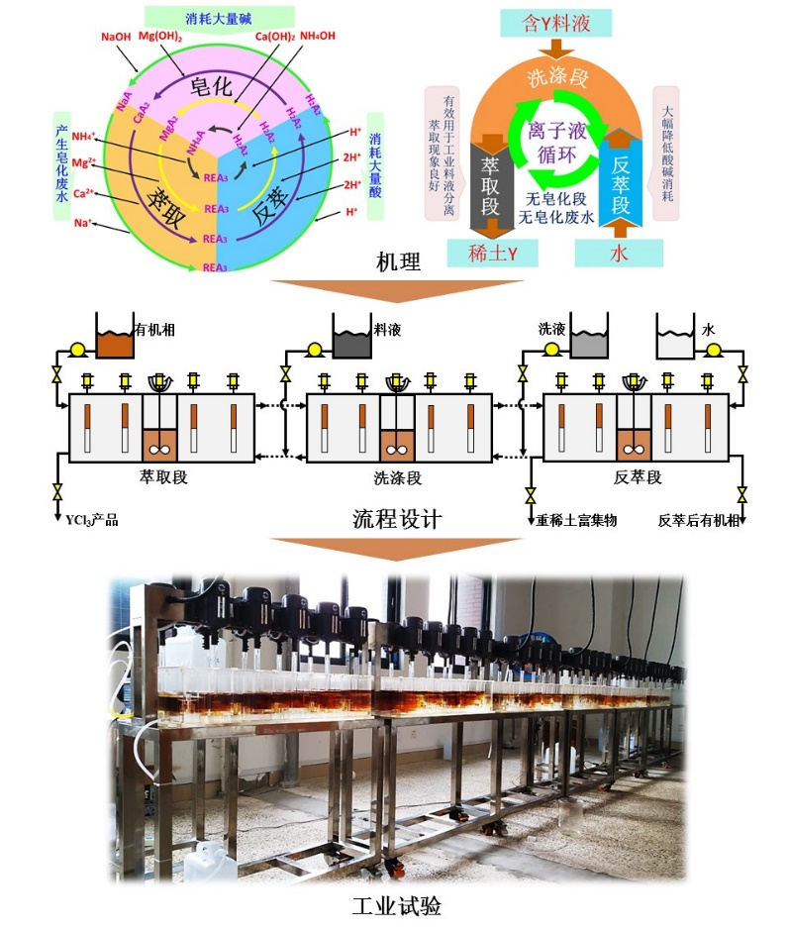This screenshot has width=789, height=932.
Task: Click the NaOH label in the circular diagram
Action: [x=118, y=37]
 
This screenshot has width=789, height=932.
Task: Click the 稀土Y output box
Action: [x=492, y=253]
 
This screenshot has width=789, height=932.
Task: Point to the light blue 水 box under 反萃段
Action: [x=619, y=253]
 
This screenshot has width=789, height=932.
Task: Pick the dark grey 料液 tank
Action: [x=351, y=344]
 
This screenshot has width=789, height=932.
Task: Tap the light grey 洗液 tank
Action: [x=587, y=344]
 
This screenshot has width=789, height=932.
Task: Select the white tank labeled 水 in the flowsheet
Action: [x=676, y=344]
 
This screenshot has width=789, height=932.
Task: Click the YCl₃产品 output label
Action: [x=91, y=520]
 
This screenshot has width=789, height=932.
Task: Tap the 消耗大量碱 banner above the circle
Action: [x=219, y=16]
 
